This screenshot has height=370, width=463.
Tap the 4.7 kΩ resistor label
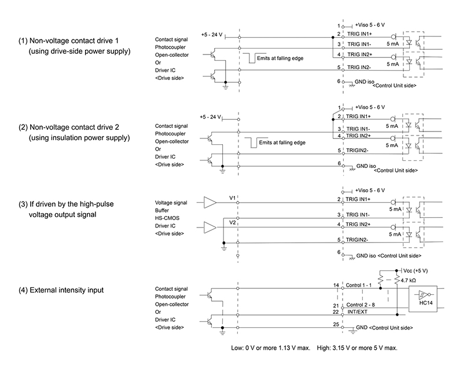408,280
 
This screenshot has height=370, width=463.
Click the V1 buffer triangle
210,203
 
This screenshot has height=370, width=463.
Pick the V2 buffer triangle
210,227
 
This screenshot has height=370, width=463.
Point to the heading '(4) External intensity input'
61,290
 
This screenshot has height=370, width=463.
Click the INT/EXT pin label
357,312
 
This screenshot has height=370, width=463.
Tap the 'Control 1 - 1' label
358,285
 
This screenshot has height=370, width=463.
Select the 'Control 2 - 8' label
361,305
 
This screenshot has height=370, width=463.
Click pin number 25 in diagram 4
336,324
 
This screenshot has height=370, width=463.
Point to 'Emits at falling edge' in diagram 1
280,58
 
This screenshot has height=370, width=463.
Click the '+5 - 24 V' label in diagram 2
210,117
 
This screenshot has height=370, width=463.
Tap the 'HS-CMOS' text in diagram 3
167,218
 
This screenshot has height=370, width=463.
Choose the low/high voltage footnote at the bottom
314,348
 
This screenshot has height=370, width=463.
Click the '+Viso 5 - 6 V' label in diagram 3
370,191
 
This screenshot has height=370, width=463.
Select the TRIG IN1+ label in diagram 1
359,34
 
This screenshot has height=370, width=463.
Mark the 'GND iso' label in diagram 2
366,166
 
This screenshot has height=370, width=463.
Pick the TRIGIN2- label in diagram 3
357,240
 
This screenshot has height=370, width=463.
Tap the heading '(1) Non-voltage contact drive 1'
68,41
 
